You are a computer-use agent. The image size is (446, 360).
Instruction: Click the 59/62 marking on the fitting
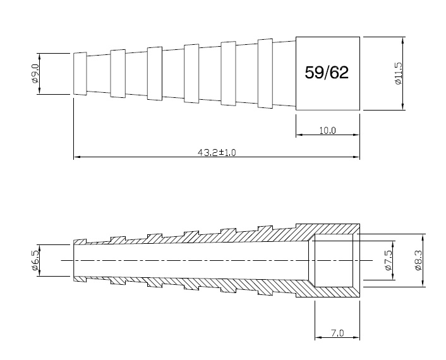click(x=327, y=73)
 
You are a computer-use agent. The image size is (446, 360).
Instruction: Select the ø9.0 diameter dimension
click(x=35, y=74)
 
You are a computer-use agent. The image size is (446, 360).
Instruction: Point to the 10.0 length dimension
click(x=327, y=131)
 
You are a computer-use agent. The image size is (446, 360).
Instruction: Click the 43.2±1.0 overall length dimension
click(x=216, y=153)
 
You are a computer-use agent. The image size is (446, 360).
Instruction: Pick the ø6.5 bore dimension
click(x=35, y=260)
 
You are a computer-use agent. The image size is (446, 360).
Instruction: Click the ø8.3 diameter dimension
click(x=419, y=260)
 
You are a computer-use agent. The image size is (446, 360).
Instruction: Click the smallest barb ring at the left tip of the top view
click(x=80, y=74)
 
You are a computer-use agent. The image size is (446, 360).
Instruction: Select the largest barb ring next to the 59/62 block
click(x=265, y=74)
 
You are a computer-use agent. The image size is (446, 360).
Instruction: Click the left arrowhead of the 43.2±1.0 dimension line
click(x=76, y=157)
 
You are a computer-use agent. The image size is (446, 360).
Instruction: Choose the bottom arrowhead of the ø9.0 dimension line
click(x=40, y=92)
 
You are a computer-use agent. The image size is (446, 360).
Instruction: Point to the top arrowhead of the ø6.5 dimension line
click(x=40, y=247)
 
